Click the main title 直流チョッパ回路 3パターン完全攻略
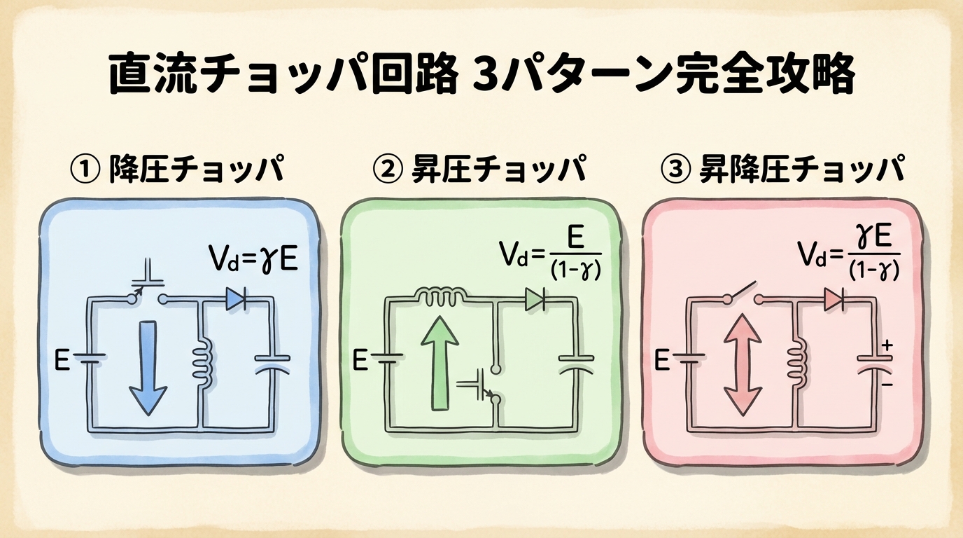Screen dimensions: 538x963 (x=481, y=75)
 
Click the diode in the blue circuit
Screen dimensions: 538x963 (x=235, y=301)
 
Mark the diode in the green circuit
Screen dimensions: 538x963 (x=535, y=300)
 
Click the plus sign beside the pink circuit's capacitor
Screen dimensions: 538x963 (x=888, y=345)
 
